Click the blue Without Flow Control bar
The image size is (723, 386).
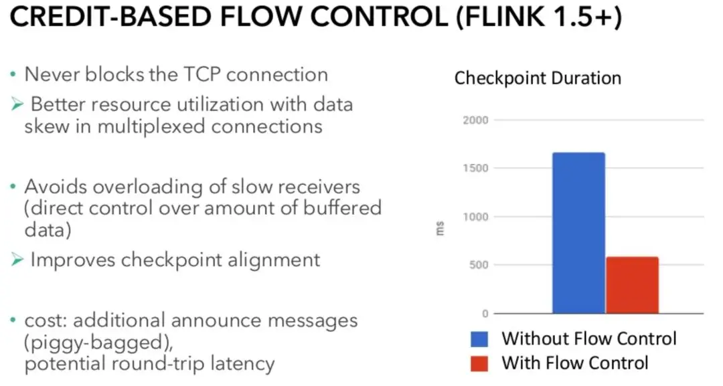tap(578, 233)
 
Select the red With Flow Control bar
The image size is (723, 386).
tap(632, 285)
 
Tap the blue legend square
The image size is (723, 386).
tap(479, 339)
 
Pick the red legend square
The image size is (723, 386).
tap(479, 363)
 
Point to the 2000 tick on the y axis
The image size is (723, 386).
tap(475, 120)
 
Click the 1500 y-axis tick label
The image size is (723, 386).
tap(475, 168)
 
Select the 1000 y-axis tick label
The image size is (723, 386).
tap(475, 217)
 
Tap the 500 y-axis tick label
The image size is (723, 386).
tap(479, 265)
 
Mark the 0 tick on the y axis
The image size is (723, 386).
tap(485, 314)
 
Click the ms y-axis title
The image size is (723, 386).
tap(440, 229)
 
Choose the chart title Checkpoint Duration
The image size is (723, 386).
tap(538, 78)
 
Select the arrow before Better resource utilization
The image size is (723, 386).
tap(17, 104)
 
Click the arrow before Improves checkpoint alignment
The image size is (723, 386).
tap(17, 260)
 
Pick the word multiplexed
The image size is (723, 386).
tap(151, 126)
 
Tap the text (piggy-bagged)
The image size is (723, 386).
tap(98, 343)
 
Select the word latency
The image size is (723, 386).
tap(242, 364)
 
